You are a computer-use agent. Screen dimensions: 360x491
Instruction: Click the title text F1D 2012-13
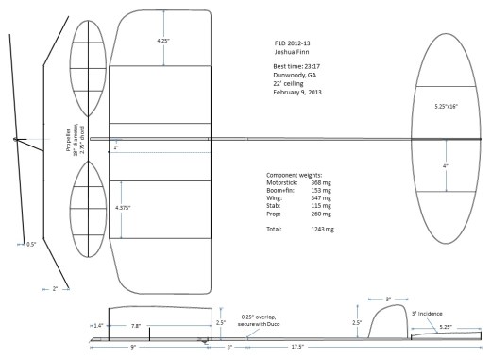283,43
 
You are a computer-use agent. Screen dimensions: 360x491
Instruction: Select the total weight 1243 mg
323,229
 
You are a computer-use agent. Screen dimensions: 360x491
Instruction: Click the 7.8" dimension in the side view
136,326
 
